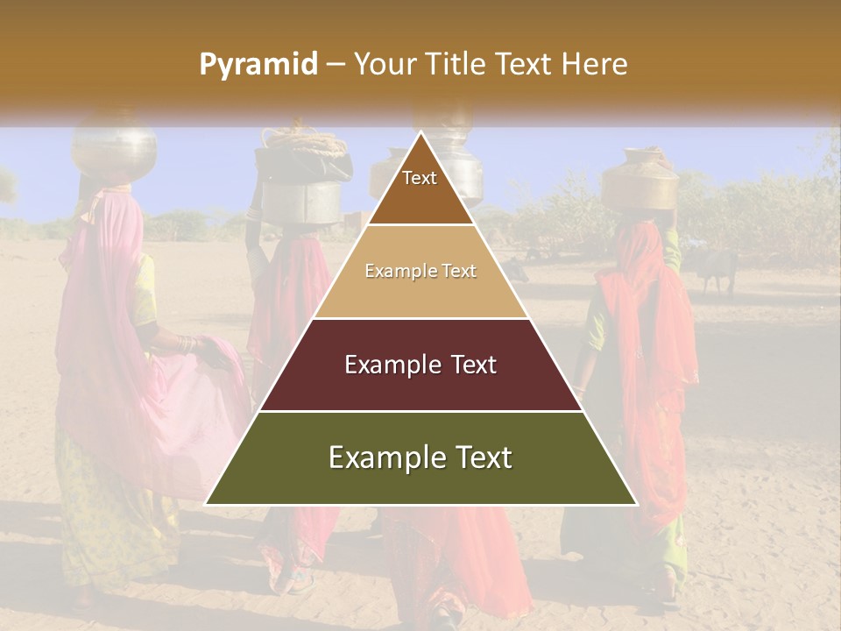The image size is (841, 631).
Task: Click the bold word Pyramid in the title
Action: [258, 65]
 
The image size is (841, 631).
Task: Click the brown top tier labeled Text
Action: [420, 188]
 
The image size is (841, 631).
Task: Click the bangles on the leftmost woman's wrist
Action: [185, 344]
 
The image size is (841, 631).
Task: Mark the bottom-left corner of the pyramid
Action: [206, 504]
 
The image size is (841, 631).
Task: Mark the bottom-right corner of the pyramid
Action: [637, 504]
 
